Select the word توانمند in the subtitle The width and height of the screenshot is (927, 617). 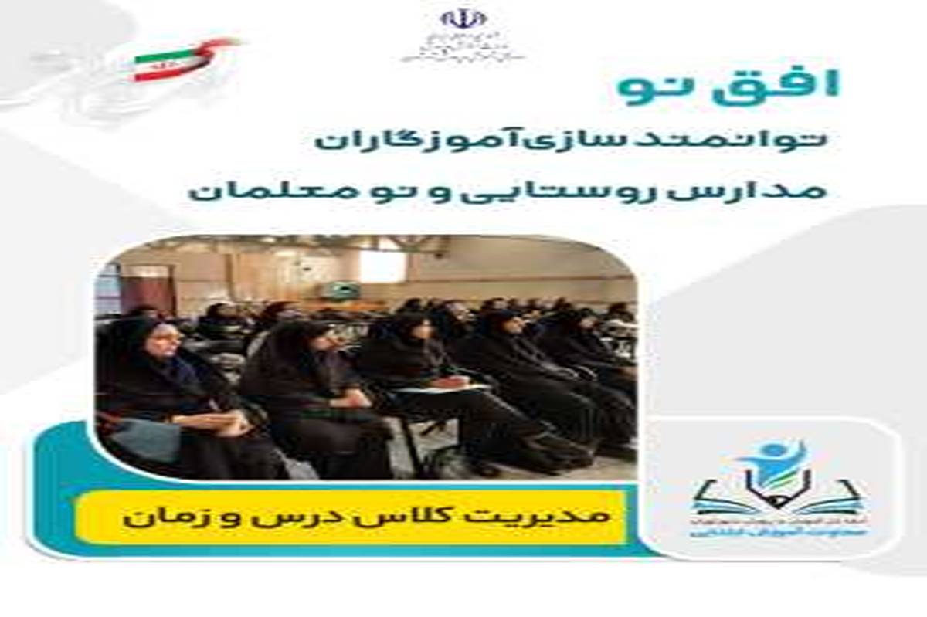point(739,141)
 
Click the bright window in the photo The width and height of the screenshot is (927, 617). point(382,266)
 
